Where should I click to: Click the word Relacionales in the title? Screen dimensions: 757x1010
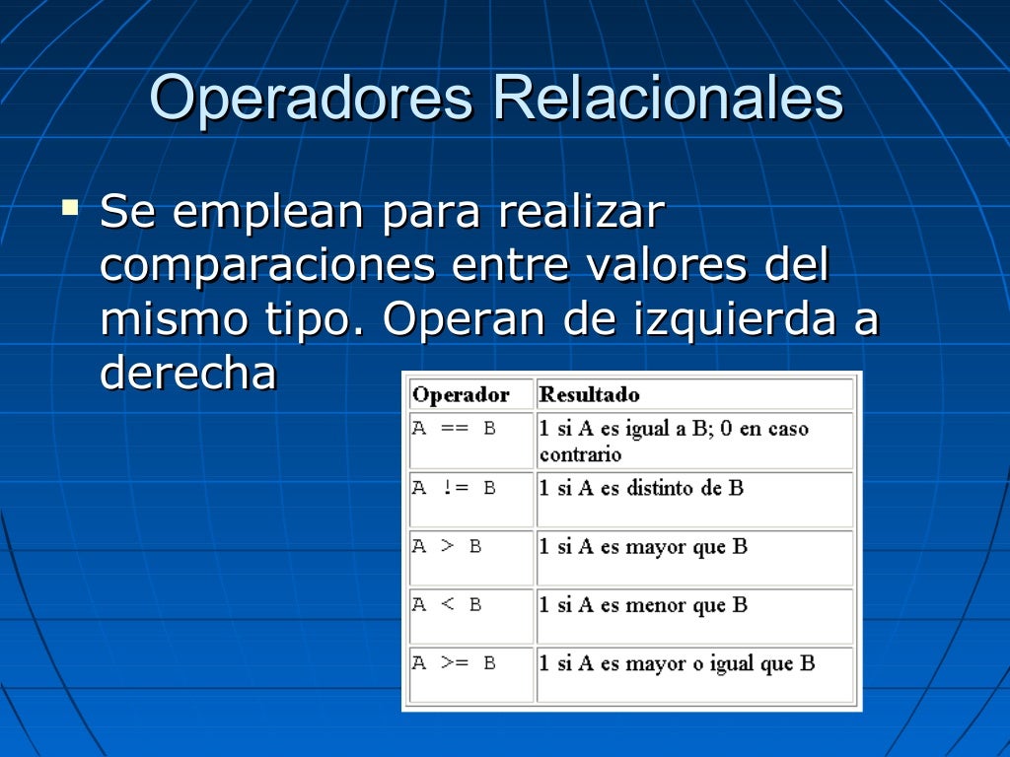click(x=668, y=99)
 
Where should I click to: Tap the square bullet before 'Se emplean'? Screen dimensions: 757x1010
click(x=69, y=208)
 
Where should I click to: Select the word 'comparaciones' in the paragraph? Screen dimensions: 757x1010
click(x=267, y=266)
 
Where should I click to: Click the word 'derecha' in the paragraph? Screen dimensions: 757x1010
click(x=188, y=374)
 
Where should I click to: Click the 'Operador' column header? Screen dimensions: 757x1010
click(x=461, y=395)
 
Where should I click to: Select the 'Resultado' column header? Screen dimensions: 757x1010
click(x=589, y=395)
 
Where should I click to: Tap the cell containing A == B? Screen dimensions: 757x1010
click(x=454, y=430)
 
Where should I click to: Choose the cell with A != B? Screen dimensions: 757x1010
click(x=454, y=488)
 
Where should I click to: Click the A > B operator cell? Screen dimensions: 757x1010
click(x=447, y=546)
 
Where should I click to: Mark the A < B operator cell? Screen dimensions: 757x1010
click(x=447, y=605)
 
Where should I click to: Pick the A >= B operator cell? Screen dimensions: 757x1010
click(x=454, y=663)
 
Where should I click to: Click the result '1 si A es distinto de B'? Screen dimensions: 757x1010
click(x=641, y=488)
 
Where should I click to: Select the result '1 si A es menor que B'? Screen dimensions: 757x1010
click(x=643, y=605)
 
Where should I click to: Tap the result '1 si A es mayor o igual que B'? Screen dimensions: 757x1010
click(x=677, y=663)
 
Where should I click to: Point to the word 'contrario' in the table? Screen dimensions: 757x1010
click(x=580, y=454)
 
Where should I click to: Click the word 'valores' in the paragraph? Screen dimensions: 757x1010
click(x=670, y=266)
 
